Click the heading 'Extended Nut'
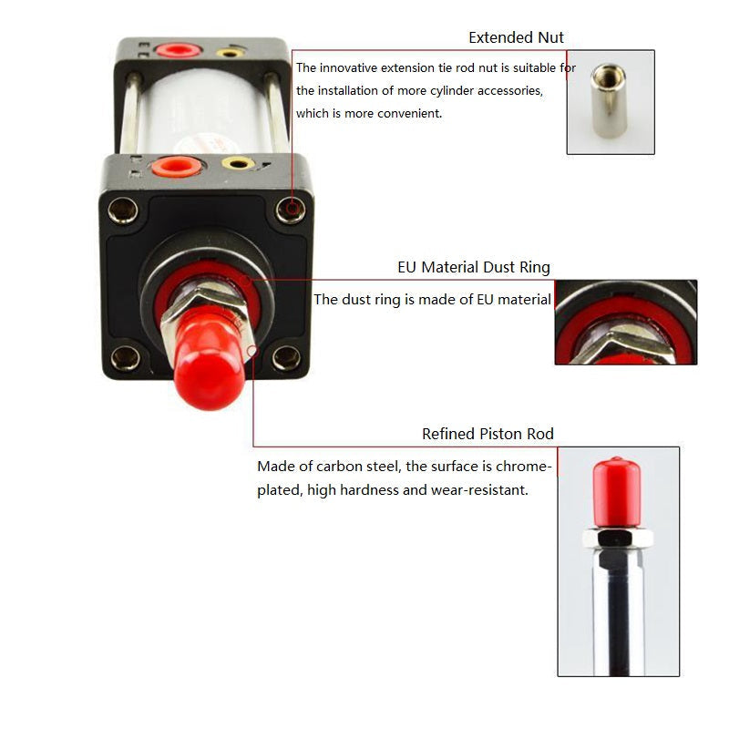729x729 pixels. coord(516,37)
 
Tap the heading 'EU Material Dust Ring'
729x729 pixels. coord(474,267)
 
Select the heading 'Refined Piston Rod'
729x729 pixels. coord(488,434)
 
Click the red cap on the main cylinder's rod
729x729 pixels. coord(209,360)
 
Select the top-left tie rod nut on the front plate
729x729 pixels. coord(123,210)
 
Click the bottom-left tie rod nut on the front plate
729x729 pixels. coord(126,358)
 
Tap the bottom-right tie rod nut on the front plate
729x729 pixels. coord(286,357)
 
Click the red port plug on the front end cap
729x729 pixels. coord(176,167)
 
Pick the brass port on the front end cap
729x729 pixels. coord(238,163)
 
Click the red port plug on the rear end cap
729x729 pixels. coord(178,49)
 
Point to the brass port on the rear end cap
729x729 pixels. coord(231,53)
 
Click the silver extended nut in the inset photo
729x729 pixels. coord(608,100)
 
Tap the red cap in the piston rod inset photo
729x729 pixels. coord(617,492)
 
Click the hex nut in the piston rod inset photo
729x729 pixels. coord(618,538)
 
